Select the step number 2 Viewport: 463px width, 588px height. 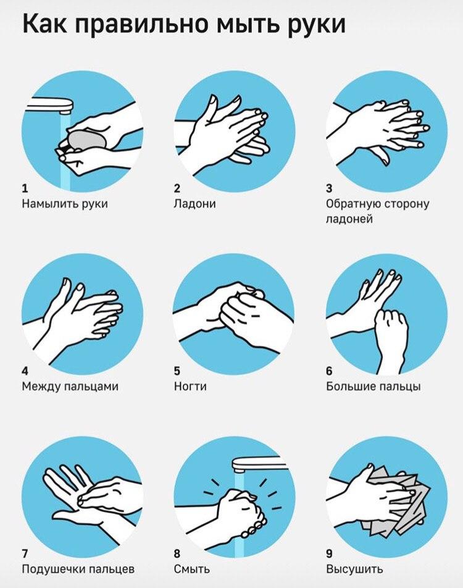point(177,188)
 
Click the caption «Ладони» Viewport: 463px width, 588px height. point(194,204)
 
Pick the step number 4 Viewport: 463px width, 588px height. point(25,371)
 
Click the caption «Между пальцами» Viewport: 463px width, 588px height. point(70,387)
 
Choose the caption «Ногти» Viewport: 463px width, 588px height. point(190,386)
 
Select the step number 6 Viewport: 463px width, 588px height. point(329,371)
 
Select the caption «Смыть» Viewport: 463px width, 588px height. point(191,569)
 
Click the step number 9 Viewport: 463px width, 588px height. point(329,553)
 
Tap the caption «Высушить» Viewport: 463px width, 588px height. point(354,569)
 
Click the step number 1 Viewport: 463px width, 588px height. point(25,188)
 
